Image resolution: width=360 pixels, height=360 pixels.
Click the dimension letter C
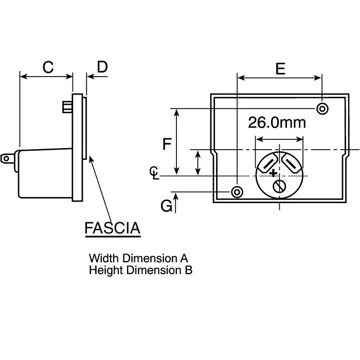48,67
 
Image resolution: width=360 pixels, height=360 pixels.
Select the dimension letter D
102,67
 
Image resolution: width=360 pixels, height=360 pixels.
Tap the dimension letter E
280,68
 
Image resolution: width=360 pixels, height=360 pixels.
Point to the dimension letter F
167,144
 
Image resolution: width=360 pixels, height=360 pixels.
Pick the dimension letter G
166,206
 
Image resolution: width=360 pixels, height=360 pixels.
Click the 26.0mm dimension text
277,122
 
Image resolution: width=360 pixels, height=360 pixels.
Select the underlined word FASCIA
113,228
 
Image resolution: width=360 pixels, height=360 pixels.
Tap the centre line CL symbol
154,173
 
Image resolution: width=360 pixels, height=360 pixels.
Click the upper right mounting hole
322,109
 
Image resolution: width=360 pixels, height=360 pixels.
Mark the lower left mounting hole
237,192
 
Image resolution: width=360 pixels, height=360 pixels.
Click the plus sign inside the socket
273,173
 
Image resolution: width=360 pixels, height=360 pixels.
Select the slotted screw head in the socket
279,186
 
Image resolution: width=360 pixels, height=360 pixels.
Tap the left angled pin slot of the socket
268,163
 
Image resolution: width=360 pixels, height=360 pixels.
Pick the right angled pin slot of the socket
291,163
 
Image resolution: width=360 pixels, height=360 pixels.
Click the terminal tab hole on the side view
6,158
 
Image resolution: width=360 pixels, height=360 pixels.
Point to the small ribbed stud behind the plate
67,107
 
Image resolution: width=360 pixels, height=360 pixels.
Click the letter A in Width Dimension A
184,258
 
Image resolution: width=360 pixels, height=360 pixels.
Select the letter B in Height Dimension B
189,270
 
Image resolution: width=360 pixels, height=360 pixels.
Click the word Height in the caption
106,271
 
